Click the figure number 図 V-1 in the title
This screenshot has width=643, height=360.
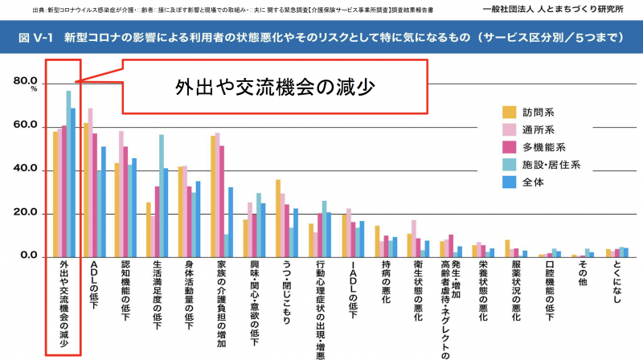[x=33, y=37]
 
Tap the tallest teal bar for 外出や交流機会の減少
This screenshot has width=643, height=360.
[x=68, y=174]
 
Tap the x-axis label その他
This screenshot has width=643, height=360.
[x=586, y=278]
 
